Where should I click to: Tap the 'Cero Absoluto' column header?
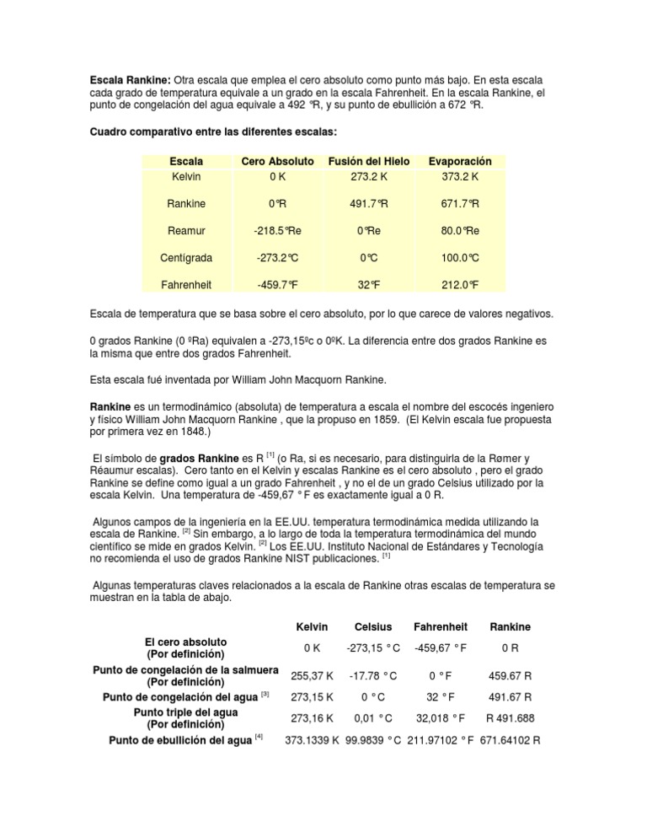tap(277, 161)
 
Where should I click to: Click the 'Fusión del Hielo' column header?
tap(368, 161)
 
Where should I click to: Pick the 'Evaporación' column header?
tap(460, 161)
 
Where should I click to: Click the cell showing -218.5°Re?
tap(277, 230)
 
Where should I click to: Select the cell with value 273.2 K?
tap(368, 176)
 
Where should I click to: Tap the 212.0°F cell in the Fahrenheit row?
tap(460, 284)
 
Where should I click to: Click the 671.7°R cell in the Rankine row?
tap(460, 203)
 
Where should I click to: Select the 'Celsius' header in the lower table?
tap(372, 626)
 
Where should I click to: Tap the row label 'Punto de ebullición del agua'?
tap(176, 740)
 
